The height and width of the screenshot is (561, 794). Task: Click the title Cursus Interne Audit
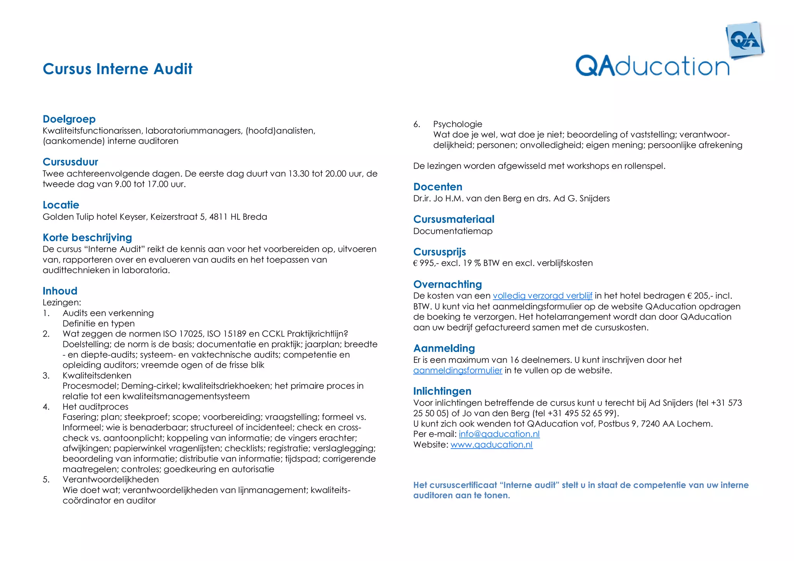point(117,69)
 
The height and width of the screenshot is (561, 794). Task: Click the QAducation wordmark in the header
point(652,66)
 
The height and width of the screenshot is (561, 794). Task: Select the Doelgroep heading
point(69,119)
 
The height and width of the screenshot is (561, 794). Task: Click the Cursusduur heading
point(70,162)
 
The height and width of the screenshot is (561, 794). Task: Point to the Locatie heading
point(61,205)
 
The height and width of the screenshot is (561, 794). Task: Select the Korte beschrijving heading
point(87,237)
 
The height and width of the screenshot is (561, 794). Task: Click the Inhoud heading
point(60,291)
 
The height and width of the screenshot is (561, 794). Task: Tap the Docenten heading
point(438,186)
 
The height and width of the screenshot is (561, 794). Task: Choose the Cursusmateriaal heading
point(454,219)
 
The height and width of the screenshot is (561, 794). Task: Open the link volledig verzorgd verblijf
point(542,296)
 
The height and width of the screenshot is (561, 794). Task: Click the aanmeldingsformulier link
point(457,370)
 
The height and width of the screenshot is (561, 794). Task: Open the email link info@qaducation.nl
point(499,434)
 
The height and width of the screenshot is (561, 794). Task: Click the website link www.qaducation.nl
point(491,445)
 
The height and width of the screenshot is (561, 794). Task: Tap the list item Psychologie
point(457,124)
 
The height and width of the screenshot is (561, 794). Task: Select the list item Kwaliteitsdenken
point(97,375)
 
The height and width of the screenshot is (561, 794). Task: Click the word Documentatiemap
point(453,231)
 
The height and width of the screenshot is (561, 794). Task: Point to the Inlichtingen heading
point(442,391)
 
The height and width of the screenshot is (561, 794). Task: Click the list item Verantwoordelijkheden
point(110,480)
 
